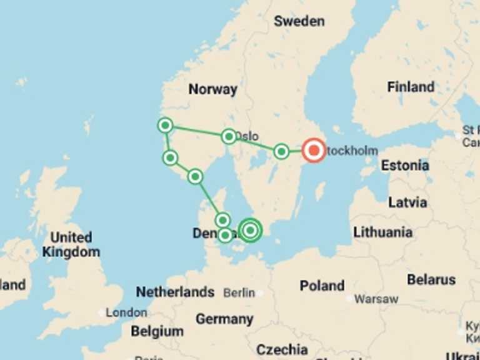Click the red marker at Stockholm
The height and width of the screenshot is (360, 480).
(x=313, y=150)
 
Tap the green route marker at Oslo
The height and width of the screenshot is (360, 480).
(x=229, y=136)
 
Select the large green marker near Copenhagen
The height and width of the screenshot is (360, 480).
(x=250, y=230)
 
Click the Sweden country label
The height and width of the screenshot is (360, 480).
(x=299, y=21)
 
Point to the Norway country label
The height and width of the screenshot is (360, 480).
(x=212, y=89)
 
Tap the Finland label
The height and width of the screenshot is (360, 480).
(x=411, y=87)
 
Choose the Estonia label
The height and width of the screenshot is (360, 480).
(x=405, y=166)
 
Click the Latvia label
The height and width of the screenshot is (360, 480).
(x=407, y=202)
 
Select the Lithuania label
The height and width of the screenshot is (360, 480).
(x=382, y=232)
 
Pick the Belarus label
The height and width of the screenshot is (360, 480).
(x=431, y=279)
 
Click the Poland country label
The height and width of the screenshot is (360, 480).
(x=322, y=286)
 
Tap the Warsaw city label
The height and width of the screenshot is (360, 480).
(x=376, y=299)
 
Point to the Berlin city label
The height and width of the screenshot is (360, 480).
(x=239, y=292)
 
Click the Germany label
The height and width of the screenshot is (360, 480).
(x=224, y=319)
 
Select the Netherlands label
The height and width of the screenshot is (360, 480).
(x=175, y=292)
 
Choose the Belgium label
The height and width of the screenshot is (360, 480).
(x=157, y=331)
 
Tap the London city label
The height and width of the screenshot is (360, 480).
(x=126, y=312)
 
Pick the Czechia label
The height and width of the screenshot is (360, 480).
(x=282, y=349)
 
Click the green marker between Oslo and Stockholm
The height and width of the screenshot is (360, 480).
(x=281, y=151)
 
